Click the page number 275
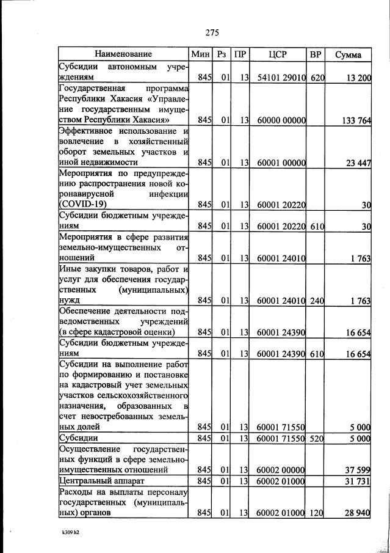tap(212, 32)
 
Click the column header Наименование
tap(123, 54)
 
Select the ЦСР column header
tap(278, 54)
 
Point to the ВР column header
tap(315, 54)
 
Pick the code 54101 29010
tap(278, 78)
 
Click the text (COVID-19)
tap(83, 204)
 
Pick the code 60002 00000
tap(278, 469)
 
